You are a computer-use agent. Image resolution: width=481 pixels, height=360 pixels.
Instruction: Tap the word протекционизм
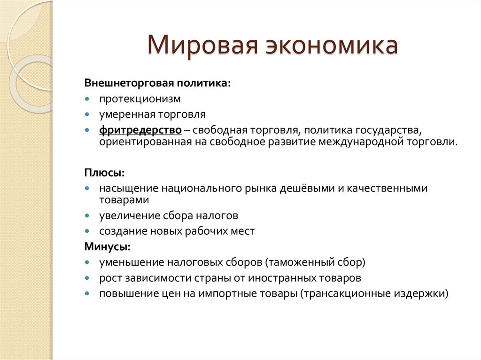[140, 100]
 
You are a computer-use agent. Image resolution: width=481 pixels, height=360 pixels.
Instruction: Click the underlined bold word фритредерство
[140, 129]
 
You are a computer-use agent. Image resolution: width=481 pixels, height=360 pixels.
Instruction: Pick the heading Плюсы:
[104, 173]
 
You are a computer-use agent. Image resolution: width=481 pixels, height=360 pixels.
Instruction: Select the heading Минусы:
[108, 246]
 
